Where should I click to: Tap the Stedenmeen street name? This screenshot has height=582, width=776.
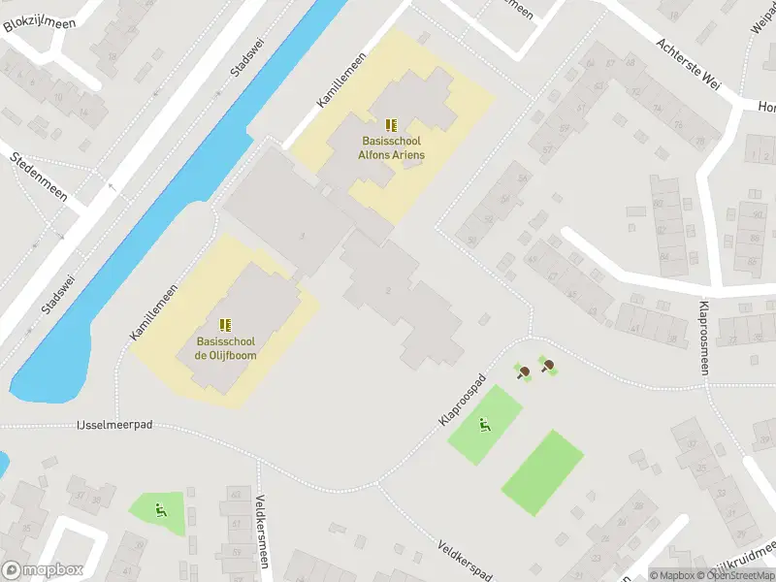tap(39, 176)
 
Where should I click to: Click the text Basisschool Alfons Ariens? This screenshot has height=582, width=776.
tap(391, 148)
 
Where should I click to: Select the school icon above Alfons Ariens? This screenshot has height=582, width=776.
tap(391, 125)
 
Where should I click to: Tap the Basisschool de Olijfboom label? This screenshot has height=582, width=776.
tap(225, 348)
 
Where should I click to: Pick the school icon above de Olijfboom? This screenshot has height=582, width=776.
tap(225, 325)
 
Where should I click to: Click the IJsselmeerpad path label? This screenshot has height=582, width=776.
tap(114, 425)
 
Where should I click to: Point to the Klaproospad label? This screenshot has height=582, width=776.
tap(462, 400)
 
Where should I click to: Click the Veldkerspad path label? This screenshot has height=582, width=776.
tap(466, 559)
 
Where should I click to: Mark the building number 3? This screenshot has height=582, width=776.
tap(304, 237)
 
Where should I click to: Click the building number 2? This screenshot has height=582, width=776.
tap(388, 290)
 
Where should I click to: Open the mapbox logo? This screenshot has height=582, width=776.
tap(43, 570)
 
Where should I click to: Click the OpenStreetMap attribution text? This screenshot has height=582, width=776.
tap(734, 575)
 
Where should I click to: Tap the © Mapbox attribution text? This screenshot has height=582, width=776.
tap(671, 575)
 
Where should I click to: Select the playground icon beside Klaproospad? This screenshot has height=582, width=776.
tap(484, 424)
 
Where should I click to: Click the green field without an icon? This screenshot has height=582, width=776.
tap(543, 472)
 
